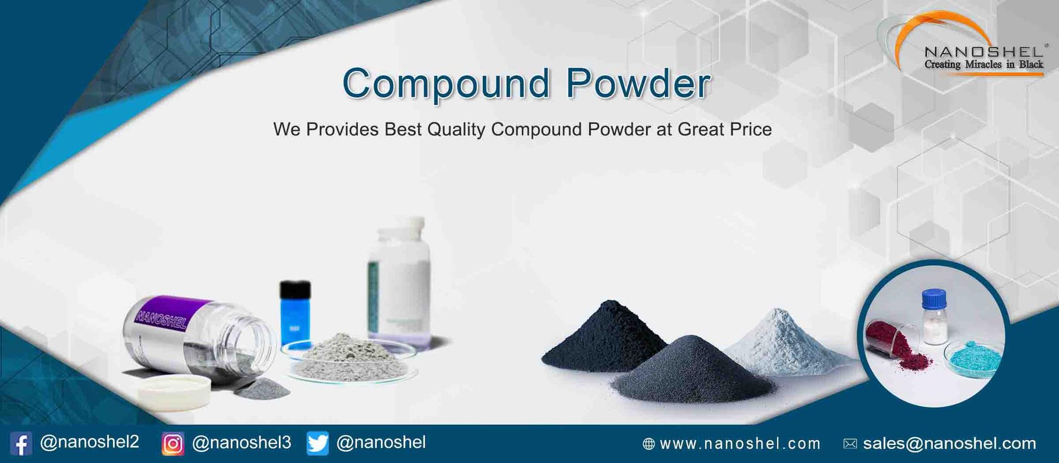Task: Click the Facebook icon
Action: click(x=21, y=443)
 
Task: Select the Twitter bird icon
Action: click(x=317, y=443)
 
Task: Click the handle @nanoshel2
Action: click(x=89, y=442)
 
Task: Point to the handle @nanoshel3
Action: click(x=241, y=442)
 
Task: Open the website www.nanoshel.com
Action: click(x=740, y=444)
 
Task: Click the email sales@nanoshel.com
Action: click(x=949, y=443)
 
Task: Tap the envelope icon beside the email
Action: click(x=850, y=444)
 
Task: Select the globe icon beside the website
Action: click(x=648, y=444)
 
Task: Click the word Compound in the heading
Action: click(x=446, y=84)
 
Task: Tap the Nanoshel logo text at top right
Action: click(x=983, y=52)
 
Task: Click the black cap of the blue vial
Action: click(x=295, y=289)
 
